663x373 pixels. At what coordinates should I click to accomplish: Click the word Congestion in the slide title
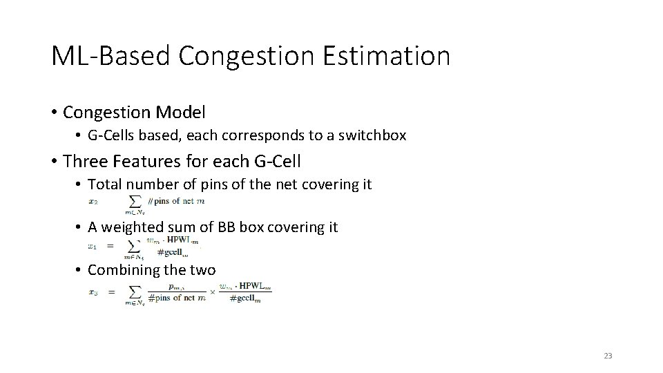point(245,56)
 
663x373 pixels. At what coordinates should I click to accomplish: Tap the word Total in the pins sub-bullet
point(104,184)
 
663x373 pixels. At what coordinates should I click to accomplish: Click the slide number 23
point(608,356)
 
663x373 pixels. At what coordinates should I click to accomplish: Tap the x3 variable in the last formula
point(93,291)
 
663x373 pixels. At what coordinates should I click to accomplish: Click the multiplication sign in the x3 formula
point(213,291)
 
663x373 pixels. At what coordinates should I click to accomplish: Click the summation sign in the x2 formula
point(134,201)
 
